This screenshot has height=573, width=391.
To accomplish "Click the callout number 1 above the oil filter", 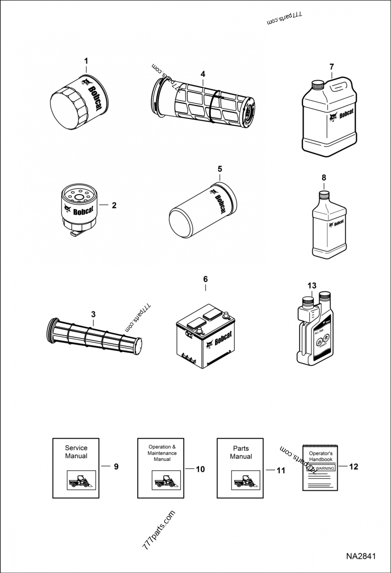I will [87, 61].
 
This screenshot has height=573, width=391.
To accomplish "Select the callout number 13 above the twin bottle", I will [312, 286].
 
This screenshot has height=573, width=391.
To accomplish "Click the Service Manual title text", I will [76, 452].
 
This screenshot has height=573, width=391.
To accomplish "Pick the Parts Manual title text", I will [241, 452].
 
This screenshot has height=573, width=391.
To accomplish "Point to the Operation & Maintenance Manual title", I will [162, 453].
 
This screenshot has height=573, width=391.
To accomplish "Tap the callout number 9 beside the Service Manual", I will [116, 467].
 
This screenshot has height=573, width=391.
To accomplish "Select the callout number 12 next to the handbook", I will [354, 467].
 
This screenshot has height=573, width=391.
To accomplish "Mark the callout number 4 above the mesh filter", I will [203, 74].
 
